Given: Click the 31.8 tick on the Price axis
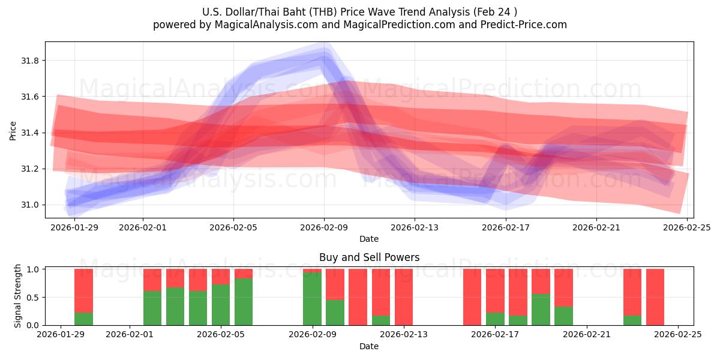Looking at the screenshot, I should click(31, 61).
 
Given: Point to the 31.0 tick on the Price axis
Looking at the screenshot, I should click(31, 205).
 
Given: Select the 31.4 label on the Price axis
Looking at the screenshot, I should click(31, 133).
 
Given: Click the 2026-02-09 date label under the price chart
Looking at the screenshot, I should click(324, 227).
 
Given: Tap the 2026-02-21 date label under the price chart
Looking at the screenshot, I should click(596, 227).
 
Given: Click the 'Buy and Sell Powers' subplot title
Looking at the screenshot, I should click(369, 257).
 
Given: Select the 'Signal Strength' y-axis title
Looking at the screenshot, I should click(18, 296).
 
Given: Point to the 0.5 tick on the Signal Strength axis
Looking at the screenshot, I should click(33, 297).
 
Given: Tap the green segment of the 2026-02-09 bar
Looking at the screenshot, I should click(312, 299).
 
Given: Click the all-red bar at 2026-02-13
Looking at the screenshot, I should click(404, 297).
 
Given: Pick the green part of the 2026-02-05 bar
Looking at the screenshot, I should click(221, 305).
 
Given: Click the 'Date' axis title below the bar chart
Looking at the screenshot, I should click(369, 346).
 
